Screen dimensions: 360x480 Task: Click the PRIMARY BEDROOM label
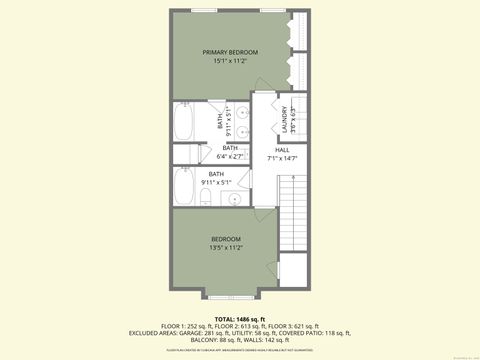click(230, 52)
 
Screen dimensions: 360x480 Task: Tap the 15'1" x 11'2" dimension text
click(230, 61)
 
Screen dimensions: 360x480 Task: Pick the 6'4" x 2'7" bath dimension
click(230, 156)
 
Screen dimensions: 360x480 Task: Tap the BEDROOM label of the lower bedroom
click(225, 238)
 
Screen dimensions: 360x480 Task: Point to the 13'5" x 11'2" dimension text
click(225, 247)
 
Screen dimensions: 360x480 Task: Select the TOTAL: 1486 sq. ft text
click(240, 316)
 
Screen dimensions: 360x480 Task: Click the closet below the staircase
click(292, 268)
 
